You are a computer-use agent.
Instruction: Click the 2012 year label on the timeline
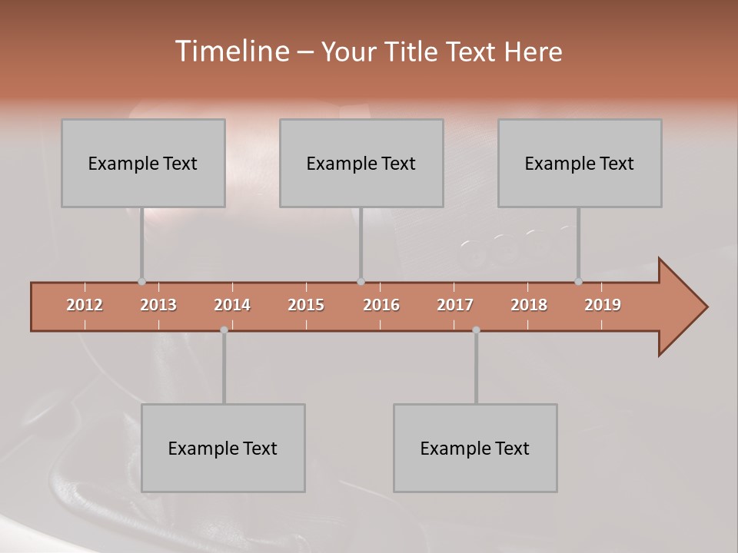85,305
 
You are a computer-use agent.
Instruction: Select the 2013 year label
158,305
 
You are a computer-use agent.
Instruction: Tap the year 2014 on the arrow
232,305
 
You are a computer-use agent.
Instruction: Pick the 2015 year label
306,305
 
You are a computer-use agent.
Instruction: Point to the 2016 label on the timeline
381,305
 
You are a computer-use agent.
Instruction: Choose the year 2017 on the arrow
455,305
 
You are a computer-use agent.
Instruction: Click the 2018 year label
529,305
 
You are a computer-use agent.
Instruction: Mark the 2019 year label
603,305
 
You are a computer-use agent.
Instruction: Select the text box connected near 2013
143,163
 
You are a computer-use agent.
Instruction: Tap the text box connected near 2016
361,163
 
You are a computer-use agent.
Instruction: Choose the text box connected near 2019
580,163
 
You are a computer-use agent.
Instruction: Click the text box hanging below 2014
223,448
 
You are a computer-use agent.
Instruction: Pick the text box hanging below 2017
475,448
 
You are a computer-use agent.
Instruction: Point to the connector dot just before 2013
141,282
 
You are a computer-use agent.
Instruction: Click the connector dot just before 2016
361,282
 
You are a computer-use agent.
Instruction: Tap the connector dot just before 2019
578,282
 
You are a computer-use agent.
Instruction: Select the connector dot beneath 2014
224,330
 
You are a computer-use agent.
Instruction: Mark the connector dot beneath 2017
476,330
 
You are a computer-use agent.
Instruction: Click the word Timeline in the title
231,51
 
